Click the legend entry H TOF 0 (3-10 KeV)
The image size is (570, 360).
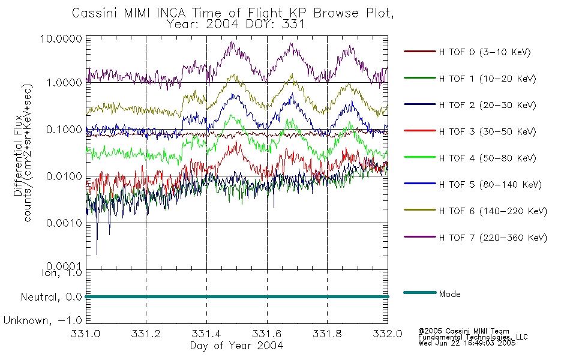click(485, 52)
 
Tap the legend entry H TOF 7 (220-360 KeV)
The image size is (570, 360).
click(493, 238)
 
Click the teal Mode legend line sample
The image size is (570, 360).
click(419, 293)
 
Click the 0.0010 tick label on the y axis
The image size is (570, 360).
click(66, 223)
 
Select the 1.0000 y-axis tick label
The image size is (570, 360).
click(66, 82)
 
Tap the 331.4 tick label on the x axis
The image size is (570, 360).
click(206, 334)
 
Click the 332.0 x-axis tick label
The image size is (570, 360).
click(388, 334)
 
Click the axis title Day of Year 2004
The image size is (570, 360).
click(236, 346)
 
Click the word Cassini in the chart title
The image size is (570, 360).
click(95, 13)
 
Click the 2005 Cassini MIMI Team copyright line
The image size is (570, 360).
click(464, 331)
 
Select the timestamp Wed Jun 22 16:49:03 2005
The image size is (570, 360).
click(467, 343)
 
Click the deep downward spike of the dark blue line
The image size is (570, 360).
click(97, 252)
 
